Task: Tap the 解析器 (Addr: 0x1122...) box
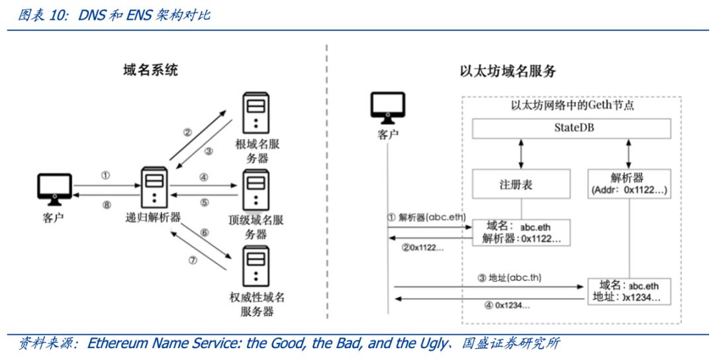(629, 184)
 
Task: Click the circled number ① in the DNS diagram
(105, 175)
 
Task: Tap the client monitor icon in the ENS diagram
(388, 107)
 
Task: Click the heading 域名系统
(150, 70)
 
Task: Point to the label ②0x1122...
(424, 247)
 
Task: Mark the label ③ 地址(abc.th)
(509, 277)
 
